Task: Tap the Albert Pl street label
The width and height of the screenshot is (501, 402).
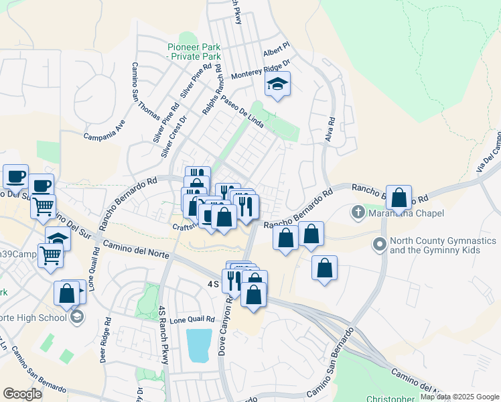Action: coord(275,52)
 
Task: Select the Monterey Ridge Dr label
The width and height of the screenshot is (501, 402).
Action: coord(261,70)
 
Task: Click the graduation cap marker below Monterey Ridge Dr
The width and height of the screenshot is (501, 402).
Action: coord(277,84)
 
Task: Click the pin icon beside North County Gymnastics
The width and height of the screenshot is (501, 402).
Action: coord(380,244)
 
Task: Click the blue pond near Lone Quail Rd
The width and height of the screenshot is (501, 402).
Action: coord(200,345)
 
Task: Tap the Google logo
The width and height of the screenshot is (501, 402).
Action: coord(22,393)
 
